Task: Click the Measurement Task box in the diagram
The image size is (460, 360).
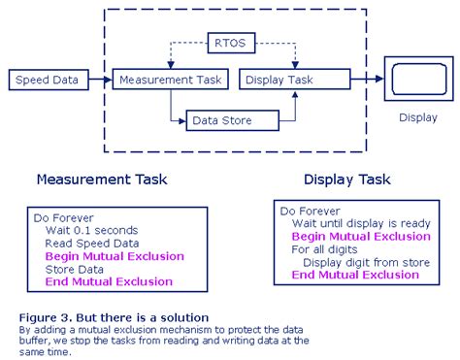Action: (x=170, y=80)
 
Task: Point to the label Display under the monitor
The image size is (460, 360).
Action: (x=416, y=119)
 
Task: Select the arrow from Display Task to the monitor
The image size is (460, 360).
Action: (x=355, y=80)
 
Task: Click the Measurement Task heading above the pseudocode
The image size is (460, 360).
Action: (x=101, y=180)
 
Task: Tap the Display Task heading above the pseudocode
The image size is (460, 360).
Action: (x=346, y=180)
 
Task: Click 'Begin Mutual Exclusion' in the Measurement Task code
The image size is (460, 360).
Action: (x=114, y=256)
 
